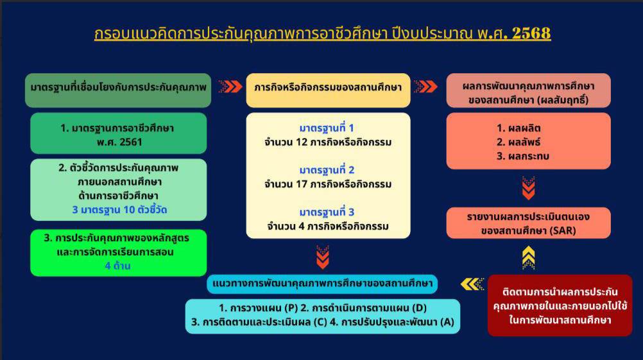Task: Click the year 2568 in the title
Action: coord(531,33)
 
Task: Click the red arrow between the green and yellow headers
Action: coord(230,87)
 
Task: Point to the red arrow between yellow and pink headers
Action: coord(425,87)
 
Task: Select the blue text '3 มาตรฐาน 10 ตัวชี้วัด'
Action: coord(119,210)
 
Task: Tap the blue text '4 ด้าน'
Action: coord(117,266)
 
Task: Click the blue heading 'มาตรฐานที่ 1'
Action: coord(327,128)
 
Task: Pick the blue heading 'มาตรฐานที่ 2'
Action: coord(327,170)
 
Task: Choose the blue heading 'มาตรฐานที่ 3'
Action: coord(327,212)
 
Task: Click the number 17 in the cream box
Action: coord(302,184)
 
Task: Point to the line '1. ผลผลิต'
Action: coord(519,128)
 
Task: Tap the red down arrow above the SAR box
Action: coord(529,188)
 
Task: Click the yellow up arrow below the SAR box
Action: coord(529,257)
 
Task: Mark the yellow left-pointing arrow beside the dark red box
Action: coord(472,284)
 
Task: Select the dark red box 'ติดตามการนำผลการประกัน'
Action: coord(560,305)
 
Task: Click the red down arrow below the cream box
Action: coord(323,257)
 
